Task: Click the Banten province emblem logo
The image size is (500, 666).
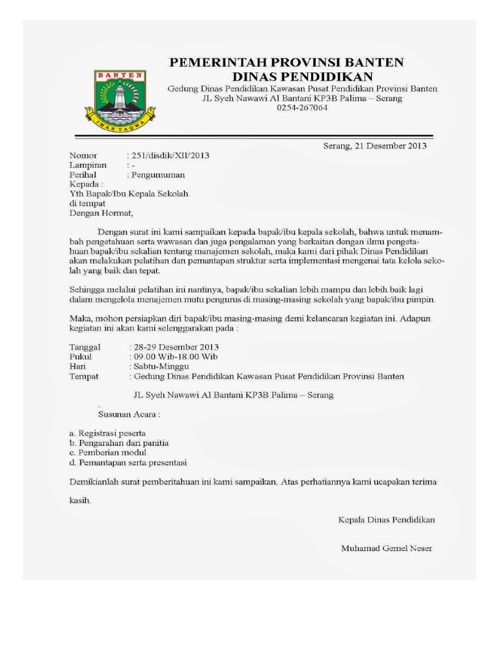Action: (120, 98)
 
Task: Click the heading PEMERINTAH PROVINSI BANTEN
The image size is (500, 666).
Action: (286, 62)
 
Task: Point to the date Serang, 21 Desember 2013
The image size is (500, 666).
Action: (375, 146)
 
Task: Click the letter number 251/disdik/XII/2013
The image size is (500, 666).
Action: (171, 155)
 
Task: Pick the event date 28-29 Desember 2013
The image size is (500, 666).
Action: (176, 347)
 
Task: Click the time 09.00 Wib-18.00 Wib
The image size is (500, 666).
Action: (174, 356)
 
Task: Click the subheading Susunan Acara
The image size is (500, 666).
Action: (128, 414)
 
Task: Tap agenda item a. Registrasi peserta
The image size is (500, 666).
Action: (107, 433)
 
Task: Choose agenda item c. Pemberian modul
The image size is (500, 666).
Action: (107, 452)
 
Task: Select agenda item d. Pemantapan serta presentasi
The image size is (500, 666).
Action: (128, 462)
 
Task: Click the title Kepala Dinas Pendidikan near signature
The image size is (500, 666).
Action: (386, 520)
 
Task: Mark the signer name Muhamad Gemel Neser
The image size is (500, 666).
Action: (386, 548)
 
